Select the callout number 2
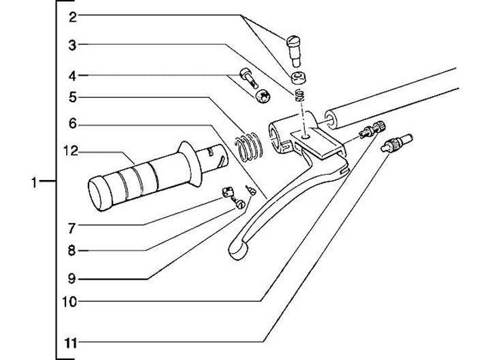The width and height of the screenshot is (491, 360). click(72, 17)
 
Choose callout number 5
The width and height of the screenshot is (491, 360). click(72, 97)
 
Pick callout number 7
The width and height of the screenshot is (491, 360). click(72, 226)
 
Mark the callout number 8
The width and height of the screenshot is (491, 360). click(72, 250)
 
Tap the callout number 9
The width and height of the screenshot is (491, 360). click(72, 277)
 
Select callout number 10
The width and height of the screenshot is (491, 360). click(71, 301)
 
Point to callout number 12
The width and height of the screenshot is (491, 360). click(71, 151)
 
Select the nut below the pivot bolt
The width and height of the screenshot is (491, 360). click(297, 77)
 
